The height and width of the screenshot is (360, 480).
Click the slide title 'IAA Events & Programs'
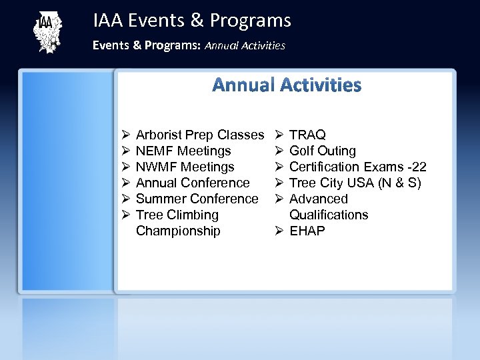click(192, 21)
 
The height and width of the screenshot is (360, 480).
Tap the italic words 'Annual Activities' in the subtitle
click(245, 46)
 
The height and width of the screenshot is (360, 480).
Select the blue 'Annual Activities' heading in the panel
click(287, 85)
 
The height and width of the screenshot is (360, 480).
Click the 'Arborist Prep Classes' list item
click(199, 135)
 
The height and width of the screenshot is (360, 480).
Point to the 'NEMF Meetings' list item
click(183, 151)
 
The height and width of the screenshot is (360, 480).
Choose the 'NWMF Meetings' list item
click(185, 167)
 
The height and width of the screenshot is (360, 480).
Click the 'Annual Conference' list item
click(192, 183)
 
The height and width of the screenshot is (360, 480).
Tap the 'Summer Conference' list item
click(197, 199)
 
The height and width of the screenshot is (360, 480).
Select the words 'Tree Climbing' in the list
click(177, 215)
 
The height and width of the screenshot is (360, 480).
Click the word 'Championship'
click(177, 231)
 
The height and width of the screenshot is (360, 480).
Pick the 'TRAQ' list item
click(307, 135)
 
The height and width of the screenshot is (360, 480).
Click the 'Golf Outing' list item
click(322, 151)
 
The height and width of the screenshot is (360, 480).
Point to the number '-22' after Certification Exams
click(416, 167)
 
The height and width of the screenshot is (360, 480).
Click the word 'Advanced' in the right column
click(318, 199)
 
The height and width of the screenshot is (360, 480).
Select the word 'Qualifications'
click(328, 215)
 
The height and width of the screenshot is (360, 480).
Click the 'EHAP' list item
click(307, 231)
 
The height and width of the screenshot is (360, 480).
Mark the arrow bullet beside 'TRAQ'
click(279, 135)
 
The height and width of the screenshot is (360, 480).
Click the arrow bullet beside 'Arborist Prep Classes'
click(125, 135)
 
